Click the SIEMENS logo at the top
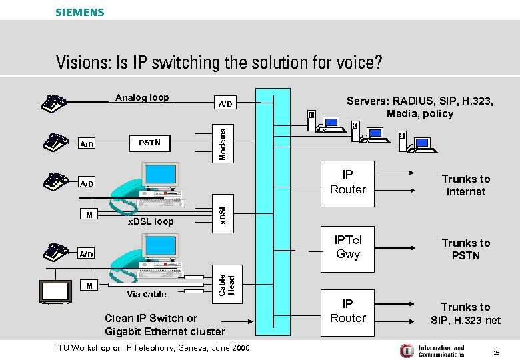79,12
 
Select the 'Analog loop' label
142,97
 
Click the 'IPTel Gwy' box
347,247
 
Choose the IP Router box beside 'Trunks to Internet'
347,182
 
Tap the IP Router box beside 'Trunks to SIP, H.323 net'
347,311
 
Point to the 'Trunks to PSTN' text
465,249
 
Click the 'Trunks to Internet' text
465,185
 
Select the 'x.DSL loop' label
150,221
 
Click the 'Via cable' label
146,294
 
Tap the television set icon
56,291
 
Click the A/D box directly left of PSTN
87,144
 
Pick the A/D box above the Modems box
226,103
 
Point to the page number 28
496,351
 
